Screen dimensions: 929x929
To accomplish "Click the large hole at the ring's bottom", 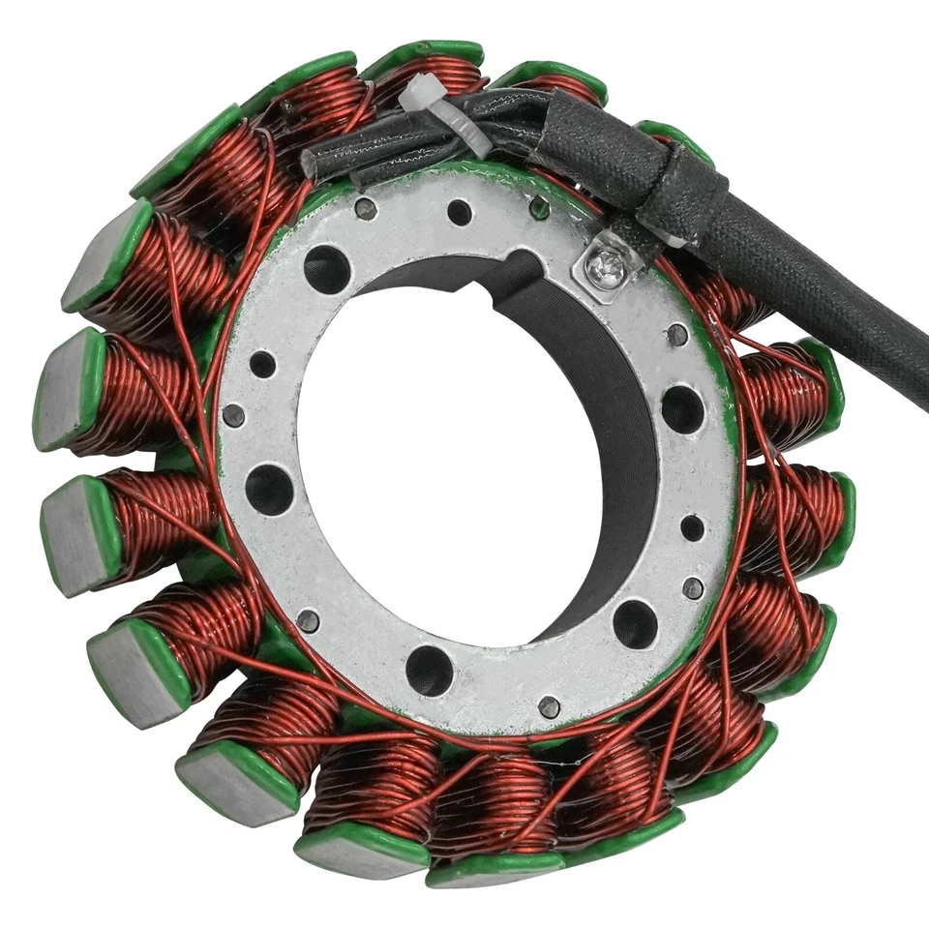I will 430,669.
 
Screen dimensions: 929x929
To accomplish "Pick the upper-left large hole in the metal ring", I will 327,268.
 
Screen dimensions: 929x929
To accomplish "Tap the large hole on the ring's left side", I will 269,489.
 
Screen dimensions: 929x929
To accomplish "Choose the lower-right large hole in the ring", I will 635,623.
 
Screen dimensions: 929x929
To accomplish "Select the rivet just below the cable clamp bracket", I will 677,335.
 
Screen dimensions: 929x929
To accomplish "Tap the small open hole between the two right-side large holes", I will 692,527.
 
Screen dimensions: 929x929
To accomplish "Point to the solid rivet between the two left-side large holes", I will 233,415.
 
